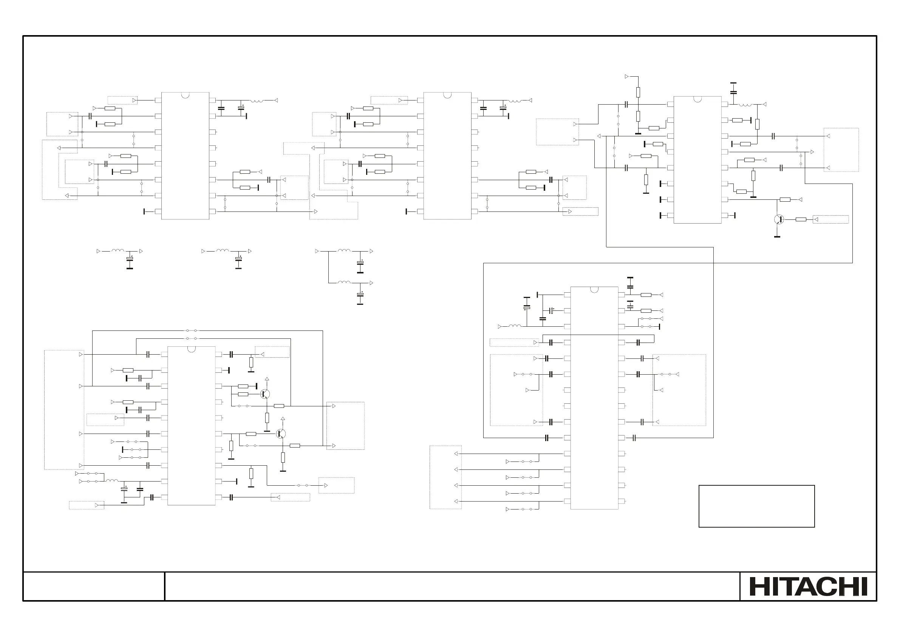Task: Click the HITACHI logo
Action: [808, 587]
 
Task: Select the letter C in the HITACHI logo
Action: [823, 587]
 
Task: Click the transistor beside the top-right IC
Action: [778, 219]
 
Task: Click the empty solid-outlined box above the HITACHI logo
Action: [756, 506]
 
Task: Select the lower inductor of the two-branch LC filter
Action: [344, 282]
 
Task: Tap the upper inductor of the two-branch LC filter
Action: [344, 250]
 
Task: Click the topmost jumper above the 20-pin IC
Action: [192, 331]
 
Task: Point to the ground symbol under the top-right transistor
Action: [777, 237]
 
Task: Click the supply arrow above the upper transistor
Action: [267, 379]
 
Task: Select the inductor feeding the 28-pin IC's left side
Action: [515, 326]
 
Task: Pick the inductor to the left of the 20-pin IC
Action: [112, 480]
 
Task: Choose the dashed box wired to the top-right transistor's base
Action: [830, 219]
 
